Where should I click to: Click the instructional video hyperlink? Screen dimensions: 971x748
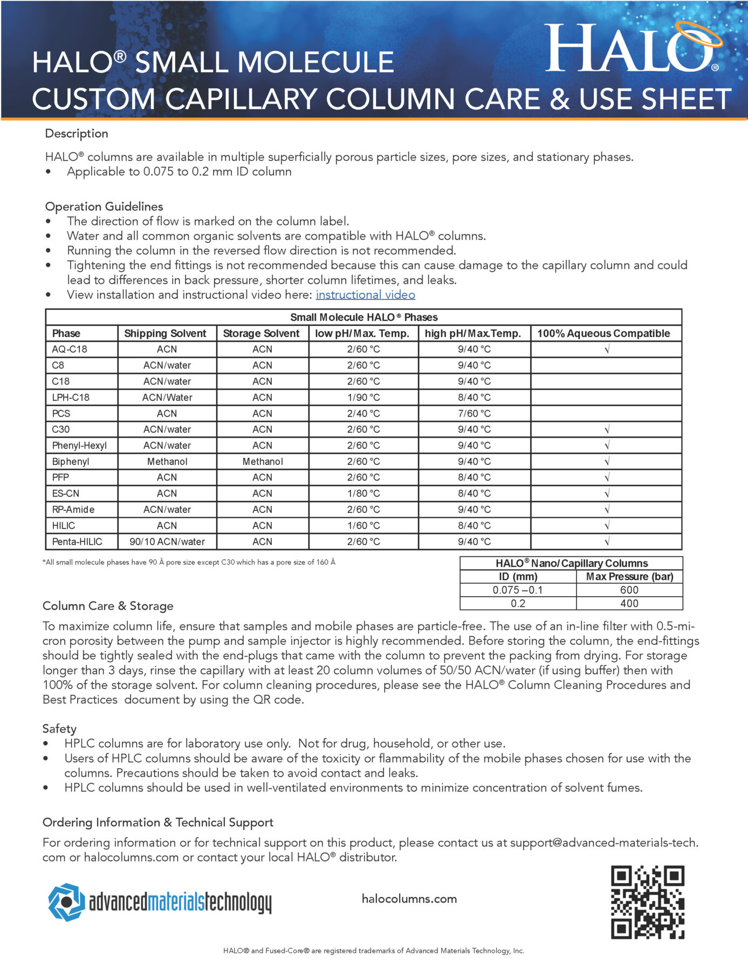365,295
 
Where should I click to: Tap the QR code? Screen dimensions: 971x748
647,902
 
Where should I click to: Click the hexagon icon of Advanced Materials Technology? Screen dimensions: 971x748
66,902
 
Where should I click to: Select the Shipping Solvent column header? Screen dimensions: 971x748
165,333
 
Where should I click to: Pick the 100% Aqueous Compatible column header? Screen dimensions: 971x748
603,333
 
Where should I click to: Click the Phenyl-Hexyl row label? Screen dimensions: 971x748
79,446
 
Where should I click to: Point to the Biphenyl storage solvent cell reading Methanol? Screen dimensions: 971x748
262,462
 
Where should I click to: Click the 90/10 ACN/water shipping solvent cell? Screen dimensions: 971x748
167,542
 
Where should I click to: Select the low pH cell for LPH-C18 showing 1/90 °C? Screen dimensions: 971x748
363,398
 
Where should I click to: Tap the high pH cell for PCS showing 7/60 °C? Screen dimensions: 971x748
474,414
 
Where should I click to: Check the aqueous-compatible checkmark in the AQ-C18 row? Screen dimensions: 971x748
607,350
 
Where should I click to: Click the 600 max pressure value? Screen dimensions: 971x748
629,590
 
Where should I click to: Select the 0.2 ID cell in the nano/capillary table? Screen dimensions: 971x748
518,604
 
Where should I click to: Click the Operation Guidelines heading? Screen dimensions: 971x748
104,207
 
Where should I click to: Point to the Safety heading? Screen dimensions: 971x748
59,729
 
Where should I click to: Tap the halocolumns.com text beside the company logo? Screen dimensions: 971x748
409,899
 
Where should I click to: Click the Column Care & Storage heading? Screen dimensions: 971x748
108,606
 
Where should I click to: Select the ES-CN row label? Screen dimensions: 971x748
66,494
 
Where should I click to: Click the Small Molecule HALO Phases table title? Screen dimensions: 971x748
363,317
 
